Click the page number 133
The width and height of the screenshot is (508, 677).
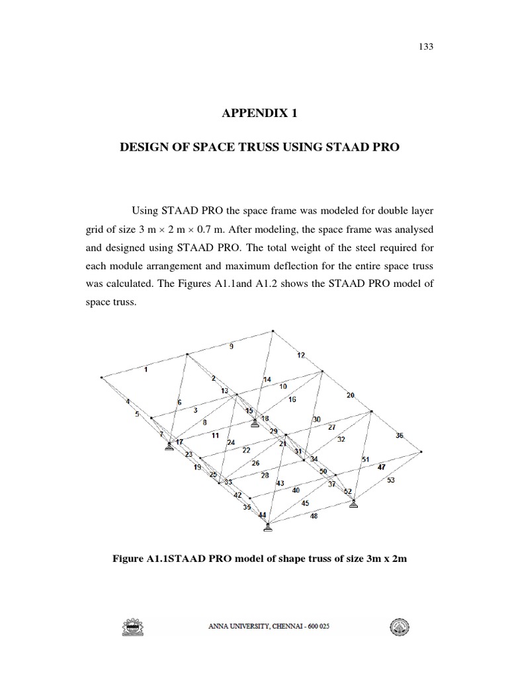[x=426, y=47]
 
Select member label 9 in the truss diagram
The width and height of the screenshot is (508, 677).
[x=231, y=346]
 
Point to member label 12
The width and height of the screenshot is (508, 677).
[x=301, y=356]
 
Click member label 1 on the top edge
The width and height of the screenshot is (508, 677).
[x=146, y=370]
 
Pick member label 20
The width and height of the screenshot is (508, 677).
[x=351, y=395]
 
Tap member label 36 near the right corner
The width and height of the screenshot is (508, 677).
[x=400, y=436]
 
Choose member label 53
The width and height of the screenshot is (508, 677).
[x=391, y=480]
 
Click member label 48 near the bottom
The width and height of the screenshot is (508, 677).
[x=314, y=516]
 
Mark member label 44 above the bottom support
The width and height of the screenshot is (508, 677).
[x=263, y=515]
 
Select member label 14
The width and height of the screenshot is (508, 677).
[x=267, y=379]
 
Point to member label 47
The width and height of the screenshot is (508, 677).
[x=382, y=467]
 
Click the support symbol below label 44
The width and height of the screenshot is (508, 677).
[x=267, y=527]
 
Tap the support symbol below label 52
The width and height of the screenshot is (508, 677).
[x=354, y=504]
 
